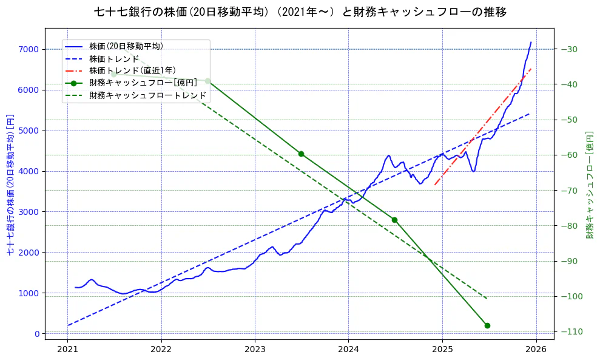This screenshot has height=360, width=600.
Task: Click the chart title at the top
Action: coord(300,12)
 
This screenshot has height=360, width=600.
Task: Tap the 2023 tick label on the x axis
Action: coord(255,350)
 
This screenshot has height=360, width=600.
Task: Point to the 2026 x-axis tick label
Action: coord(536,350)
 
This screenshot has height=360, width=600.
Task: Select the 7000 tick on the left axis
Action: coord(29,49)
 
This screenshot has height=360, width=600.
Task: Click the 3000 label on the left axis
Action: coord(29,212)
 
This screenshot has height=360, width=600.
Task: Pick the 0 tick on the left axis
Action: coord(36,334)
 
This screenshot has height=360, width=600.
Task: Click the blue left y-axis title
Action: coord(10,184)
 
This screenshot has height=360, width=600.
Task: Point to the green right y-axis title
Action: coord(589,184)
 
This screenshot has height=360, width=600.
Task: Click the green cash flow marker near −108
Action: coord(487,325)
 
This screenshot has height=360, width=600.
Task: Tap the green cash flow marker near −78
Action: coord(394,220)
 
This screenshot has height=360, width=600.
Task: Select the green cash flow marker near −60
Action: coord(301,154)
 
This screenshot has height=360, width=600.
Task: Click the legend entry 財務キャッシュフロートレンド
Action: coord(147,95)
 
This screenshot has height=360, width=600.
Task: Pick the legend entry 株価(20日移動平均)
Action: coord(126,46)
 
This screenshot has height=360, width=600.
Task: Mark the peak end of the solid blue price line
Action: coord(531,42)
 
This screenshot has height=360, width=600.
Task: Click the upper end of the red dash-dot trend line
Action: coord(531,69)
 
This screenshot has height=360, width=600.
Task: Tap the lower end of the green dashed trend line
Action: coord(487,299)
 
